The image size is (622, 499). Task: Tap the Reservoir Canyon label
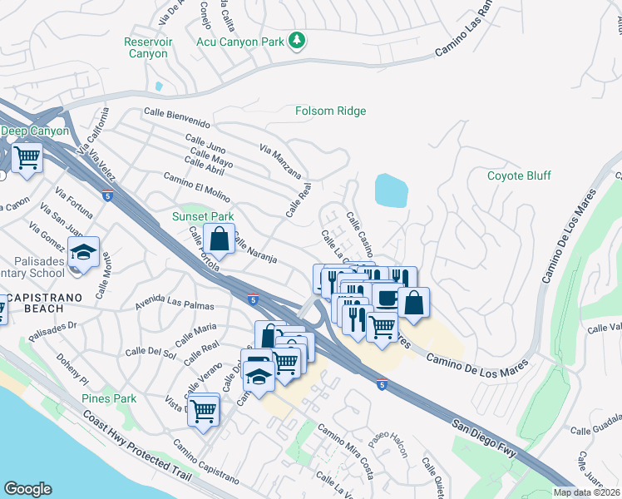pyautogui.click(x=146, y=47)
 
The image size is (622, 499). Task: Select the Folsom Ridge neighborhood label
pyautogui.click(x=331, y=111)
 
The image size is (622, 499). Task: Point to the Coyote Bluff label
pyautogui.click(x=519, y=175)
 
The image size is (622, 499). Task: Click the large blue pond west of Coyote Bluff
pyautogui.click(x=391, y=190)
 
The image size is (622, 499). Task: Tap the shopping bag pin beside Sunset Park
pyautogui.click(x=219, y=240)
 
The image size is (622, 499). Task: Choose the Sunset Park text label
pyautogui.click(x=203, y=216)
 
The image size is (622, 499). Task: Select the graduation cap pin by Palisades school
pyautogui.click(x=83, y=252)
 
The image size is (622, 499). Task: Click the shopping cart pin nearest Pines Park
pyautogui.click(x=204, y=409)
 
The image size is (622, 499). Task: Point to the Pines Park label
pyautogui.click(x=109, y=398)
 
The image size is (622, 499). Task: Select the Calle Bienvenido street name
pyautogui.click(x=176, y=116)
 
